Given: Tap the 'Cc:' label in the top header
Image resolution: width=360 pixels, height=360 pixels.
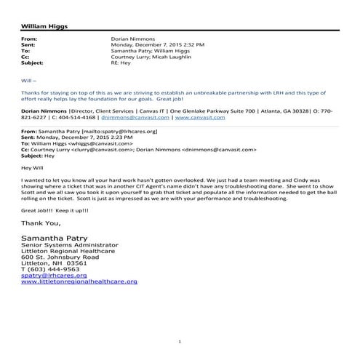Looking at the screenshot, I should pyautogui.click(x=27, y=58).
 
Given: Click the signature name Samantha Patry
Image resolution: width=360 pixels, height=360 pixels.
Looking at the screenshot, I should pyautogui.click(x=58, y=239).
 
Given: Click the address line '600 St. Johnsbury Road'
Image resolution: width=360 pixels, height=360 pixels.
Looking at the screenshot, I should pyautogui.click(x=60, y=258).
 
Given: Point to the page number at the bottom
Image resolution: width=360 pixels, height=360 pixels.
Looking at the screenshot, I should pyautogui.click(x=180, y=341).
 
